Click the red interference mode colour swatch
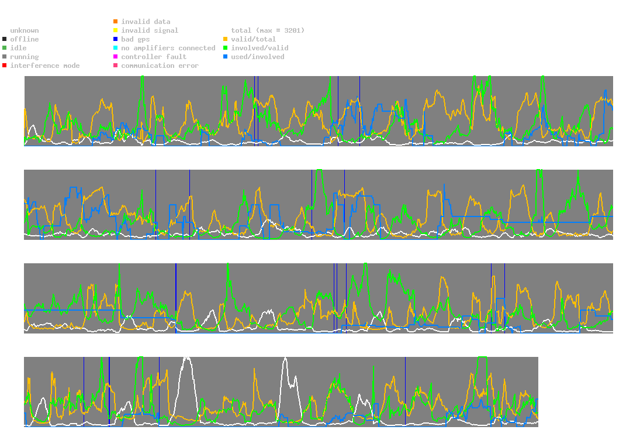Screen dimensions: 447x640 click(x=5, y=66)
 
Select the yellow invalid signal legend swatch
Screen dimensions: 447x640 click(x=116, y=30)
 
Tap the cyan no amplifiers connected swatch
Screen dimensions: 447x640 click(x=116, y=48)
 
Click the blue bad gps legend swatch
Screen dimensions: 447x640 click(x=116, y=39)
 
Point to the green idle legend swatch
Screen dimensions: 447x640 click(x=5, y=48)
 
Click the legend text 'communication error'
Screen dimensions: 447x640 click(x=160, y=66)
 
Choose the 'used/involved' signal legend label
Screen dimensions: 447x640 click(x=257, y=57)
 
